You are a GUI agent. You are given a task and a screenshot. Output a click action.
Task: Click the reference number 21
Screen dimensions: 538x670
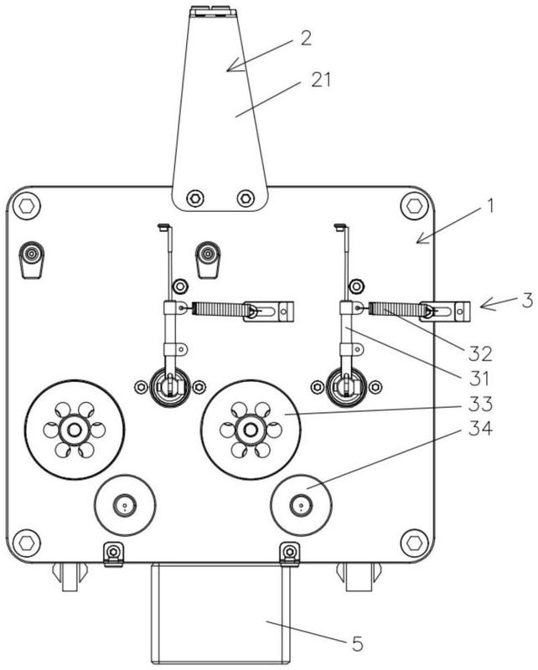[x=321, y=80]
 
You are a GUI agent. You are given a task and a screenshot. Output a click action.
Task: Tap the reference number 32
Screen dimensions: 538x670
[x=480, y=353]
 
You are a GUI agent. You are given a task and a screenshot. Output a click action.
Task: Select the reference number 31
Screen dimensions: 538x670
[x=479, y=379]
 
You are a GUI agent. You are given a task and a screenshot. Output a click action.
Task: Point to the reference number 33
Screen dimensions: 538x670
[x=480, y=404]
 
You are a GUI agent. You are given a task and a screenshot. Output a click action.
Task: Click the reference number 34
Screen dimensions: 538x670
[x=480, y=428]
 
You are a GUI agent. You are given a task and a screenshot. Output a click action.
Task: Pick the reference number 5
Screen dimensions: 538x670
[x=358, y=643]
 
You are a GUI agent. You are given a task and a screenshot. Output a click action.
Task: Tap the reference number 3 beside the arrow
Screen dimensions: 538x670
[x=528, y=301]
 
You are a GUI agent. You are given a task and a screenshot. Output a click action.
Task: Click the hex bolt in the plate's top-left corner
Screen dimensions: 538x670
[x=27, y=206]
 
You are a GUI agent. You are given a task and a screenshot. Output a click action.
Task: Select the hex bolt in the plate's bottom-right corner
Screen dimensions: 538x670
[x=414, y=543]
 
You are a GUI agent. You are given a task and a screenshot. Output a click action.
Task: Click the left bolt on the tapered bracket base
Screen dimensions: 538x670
[x=195, y=198]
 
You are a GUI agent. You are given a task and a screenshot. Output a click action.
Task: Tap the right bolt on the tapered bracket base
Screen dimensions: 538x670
[x=246, y=198]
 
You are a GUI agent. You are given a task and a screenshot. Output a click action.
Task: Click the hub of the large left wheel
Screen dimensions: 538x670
[x=75, y=430]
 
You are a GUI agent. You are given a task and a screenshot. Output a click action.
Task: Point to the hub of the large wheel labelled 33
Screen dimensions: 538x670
[x=251, y=430]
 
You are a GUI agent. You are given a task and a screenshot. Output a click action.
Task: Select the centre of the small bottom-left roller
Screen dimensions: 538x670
[x=125, y=506]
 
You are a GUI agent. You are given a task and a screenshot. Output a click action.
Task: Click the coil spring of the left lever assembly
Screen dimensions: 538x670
[x=218, y=309]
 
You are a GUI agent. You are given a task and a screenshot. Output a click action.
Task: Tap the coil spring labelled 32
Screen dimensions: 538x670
[x=395, y=308]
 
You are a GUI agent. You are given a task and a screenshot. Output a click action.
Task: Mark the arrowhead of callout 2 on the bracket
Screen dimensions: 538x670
[x=233, y=66]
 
